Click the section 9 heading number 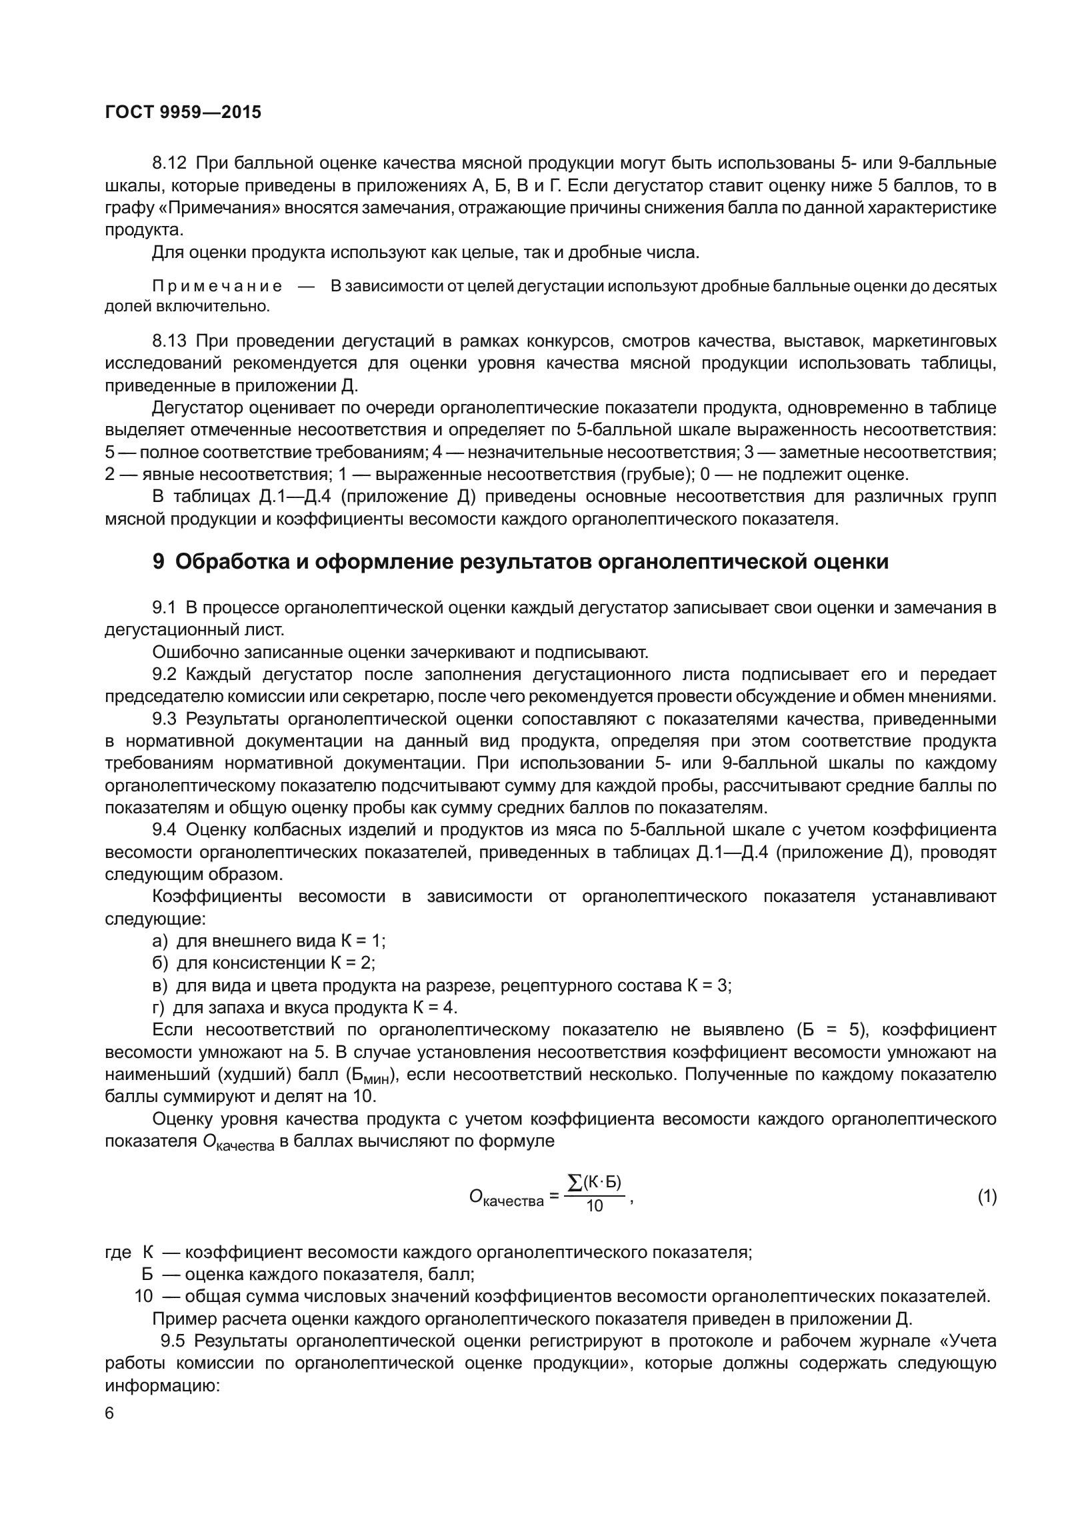click(159, 562)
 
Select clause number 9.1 click(165, 608)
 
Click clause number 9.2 click(165, 675)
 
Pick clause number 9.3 click(165, 719)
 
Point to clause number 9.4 click(165, 830)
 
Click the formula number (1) click(987, 1197)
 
